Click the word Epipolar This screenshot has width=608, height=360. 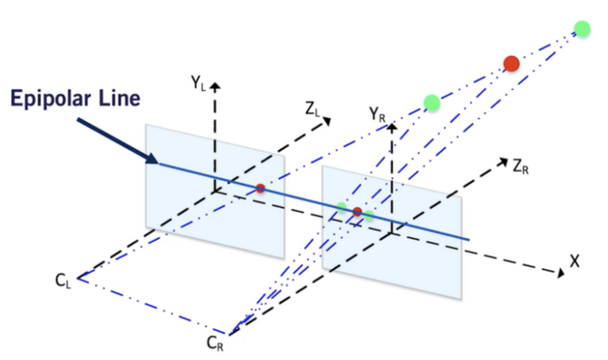(51, 98)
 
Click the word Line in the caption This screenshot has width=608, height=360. (120, 97)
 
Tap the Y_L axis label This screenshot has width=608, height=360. (198, 83)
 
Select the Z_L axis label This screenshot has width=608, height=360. (313, 109)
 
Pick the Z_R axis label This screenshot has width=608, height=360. (520, 167)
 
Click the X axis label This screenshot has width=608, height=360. (574, 262)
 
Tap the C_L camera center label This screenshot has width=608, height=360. (63, 280)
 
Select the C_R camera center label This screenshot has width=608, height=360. (215, 343)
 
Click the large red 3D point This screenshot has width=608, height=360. (511, 64)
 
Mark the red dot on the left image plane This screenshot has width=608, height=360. (260, 188)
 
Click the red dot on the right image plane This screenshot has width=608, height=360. (357, 212)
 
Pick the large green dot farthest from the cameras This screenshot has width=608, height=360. (582, 29)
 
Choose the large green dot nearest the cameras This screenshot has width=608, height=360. (432, 103)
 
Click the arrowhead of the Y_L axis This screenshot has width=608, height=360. (215, 86)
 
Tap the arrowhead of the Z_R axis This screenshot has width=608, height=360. (503, 161)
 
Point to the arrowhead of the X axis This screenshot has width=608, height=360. (561, 273)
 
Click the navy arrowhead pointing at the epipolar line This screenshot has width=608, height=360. (152, 158)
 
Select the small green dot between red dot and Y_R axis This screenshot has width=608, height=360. (369, 216)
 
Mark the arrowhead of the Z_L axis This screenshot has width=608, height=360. (327, 121)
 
